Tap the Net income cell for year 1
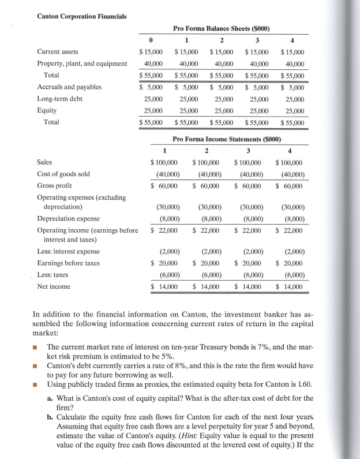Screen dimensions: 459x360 (x=164, y=286)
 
